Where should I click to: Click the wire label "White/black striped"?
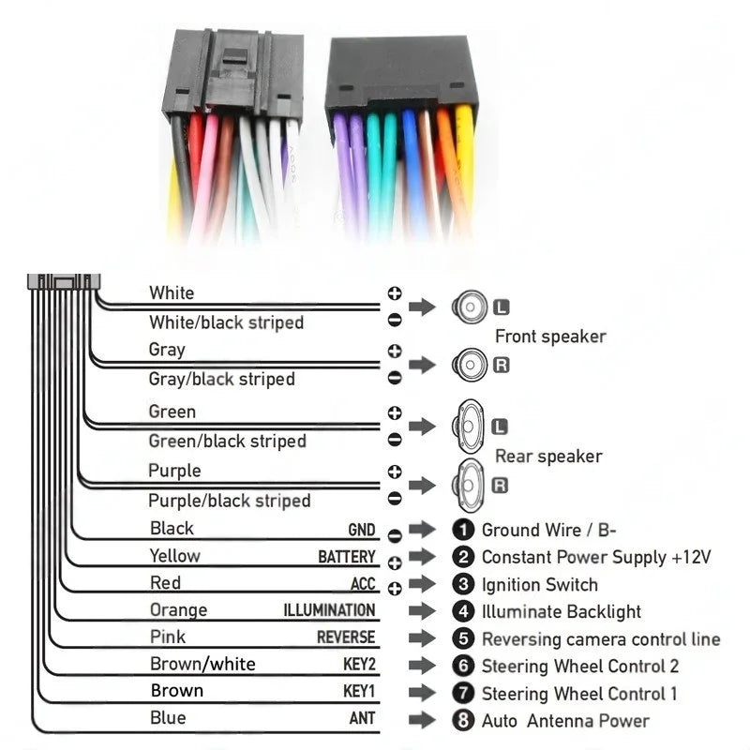point(226,322)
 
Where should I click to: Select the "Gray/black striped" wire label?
point(221,379)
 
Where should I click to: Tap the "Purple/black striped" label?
point(229,500)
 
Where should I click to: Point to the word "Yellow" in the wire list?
point(174,555)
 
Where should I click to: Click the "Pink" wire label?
point(168,637)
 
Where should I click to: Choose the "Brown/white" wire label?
point(202,665)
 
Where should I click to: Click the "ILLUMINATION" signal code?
point(329,610)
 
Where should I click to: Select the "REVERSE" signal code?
point(345,637)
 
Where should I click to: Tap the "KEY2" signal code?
point(359,666)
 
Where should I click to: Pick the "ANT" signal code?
point(362,719)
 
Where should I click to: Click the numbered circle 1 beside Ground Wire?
point(463,530)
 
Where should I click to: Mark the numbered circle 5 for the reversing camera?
point(463,639)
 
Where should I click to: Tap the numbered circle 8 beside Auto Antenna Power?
point(463,721)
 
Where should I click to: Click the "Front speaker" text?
point(550,336)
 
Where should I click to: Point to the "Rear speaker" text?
point(548,457)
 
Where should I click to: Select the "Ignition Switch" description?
point(539,585)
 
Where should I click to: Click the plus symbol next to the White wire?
point(395,293)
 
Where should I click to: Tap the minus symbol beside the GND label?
point(395,534)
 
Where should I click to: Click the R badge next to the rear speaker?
point(500,485)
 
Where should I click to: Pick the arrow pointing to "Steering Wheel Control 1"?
point(424,694)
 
